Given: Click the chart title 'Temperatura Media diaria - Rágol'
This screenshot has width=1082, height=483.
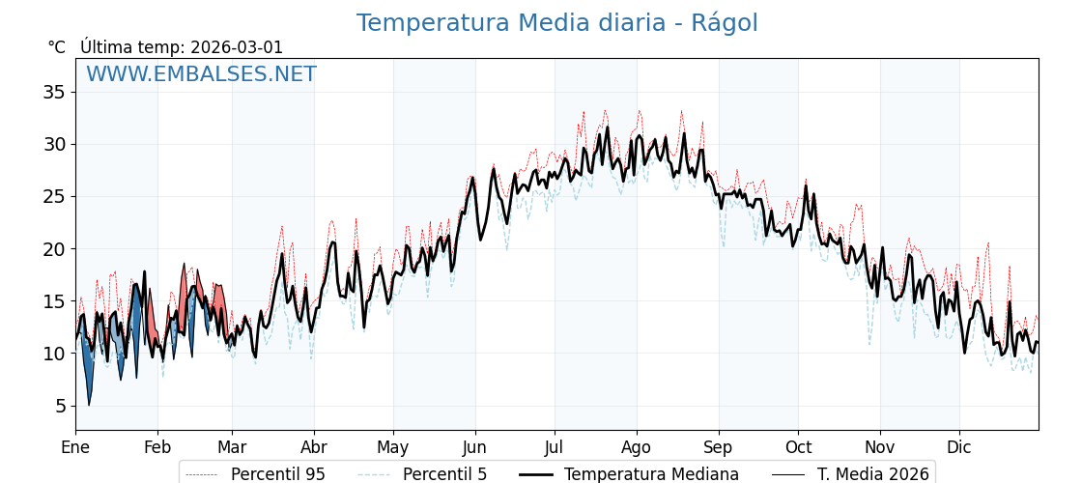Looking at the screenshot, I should (556, 23).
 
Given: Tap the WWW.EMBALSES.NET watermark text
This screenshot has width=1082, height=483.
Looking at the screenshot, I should (201, 74).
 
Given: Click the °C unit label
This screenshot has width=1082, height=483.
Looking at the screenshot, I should (56, 47).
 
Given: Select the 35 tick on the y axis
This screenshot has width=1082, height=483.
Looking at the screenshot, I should (54, 93).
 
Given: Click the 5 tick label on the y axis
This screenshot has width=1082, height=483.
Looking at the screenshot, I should (60, 406).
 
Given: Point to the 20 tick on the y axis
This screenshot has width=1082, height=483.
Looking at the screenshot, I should (54, 249).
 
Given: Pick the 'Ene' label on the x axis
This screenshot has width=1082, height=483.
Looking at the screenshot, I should (75, 447).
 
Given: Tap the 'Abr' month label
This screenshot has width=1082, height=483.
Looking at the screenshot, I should (314, 447).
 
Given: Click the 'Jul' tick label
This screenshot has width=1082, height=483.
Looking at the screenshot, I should (555, 447).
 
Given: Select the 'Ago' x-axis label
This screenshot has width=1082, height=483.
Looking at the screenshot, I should (637, 447).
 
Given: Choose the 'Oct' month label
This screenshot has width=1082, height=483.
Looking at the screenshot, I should (798, 447).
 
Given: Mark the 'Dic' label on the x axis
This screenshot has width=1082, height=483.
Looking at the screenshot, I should (959, 447).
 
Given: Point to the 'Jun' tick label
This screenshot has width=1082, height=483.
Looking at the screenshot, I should (474, 447).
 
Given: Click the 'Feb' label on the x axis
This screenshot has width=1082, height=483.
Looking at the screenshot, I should (157, 447).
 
